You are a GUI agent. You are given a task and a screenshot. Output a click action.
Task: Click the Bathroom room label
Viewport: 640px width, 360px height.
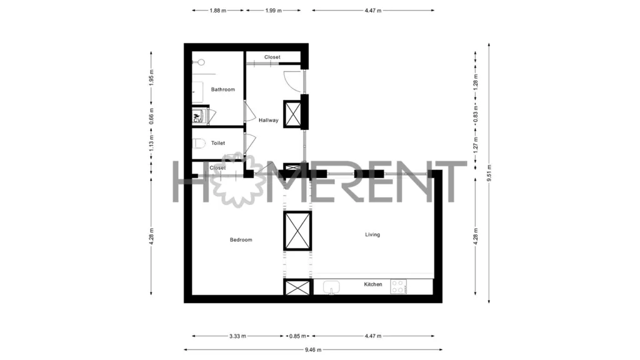[223, 89]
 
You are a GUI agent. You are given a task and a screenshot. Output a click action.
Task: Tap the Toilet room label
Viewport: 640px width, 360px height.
[218, 143]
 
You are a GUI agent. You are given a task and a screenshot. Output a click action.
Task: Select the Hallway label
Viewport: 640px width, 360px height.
[269, 121]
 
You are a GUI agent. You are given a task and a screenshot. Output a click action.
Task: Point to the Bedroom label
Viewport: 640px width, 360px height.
[241, 240]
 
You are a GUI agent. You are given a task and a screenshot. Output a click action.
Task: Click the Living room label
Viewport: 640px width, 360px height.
[372, 235]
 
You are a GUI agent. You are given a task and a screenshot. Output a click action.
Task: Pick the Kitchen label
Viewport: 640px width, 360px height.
[373, 284]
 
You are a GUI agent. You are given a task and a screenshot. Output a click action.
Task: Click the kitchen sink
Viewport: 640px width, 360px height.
[331, 287]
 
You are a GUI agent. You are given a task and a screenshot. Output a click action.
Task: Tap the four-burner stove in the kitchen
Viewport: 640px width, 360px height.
[398, 286]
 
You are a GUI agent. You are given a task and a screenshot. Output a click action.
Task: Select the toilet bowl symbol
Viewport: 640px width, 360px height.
[199, 143]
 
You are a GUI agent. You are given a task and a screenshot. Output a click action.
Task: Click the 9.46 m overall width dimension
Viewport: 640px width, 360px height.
[313, 350]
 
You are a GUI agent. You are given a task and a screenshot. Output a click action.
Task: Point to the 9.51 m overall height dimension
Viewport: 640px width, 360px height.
[489, 173]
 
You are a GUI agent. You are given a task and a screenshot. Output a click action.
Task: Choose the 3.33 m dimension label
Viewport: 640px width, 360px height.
[237, 336]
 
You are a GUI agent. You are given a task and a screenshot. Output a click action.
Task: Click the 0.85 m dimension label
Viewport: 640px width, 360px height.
[297, 336]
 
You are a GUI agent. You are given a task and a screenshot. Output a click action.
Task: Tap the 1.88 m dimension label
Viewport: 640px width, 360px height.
[218, 11]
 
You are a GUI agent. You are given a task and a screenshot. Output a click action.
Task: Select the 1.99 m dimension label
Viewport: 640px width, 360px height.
[274, 11]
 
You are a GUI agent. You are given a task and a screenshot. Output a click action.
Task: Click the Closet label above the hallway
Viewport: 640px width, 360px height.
[272, 57]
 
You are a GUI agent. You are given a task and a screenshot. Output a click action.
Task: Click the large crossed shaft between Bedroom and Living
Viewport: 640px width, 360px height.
[297, 231]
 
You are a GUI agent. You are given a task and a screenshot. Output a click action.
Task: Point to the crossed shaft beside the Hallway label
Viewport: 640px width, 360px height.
[292, 114]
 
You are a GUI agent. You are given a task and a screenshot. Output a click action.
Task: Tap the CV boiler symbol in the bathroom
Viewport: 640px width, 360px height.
[197, 117]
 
